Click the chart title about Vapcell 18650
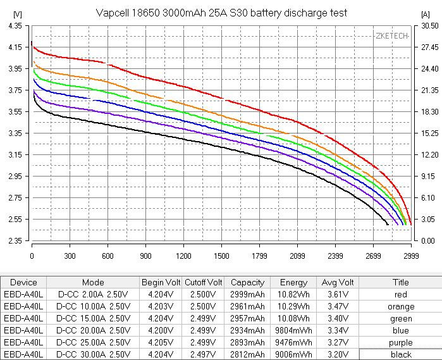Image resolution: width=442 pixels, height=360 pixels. tap(221, 13)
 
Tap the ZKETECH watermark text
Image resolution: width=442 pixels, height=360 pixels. tap(392, 36)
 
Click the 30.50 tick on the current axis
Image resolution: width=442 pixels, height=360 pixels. tap(427, 26)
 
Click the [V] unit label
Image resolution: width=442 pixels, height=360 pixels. tap(17, 13)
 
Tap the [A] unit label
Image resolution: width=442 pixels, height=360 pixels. tap(425, 13)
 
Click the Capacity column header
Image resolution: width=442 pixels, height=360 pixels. tap(248, 283)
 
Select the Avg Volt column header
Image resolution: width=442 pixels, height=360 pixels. tap(338, 283)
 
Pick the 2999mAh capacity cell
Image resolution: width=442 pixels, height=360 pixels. tap(248, 295)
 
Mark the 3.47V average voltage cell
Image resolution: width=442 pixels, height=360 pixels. tap(338, 307)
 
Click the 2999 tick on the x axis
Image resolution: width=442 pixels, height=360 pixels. tap(411, 256)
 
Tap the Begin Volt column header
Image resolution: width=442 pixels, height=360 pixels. tap(161, 283)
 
